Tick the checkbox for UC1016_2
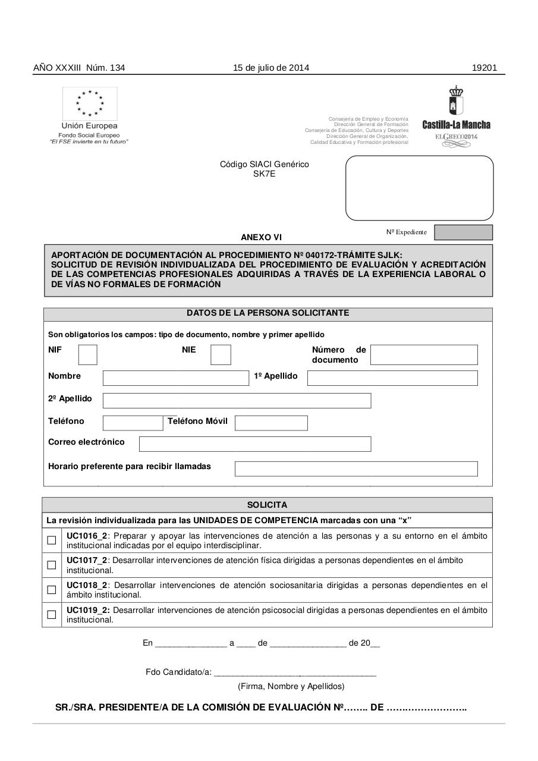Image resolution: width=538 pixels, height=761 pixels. pos(52,540)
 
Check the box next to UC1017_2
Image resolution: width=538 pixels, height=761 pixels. pos(52,565)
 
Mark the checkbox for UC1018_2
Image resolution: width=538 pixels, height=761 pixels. pos(52,590)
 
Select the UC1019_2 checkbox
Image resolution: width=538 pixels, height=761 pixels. pos(52,615)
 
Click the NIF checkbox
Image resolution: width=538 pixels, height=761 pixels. pos(88,355)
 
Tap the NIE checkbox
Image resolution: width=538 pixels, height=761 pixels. pos(221,355)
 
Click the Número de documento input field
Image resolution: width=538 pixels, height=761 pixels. pos(424,355)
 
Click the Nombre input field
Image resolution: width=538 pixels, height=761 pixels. pos(175,378)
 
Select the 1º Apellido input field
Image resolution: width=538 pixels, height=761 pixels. pos(392,378)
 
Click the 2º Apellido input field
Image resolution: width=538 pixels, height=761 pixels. pos(237,401)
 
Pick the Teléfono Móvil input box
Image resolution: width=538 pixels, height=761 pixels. pos(271,423)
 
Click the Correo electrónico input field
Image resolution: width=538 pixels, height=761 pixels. pos(255,444)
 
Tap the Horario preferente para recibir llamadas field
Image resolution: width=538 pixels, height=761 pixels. pos(356,468)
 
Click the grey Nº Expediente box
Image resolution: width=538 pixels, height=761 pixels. pos(463,232)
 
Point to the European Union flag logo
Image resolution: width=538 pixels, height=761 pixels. pos(90,103)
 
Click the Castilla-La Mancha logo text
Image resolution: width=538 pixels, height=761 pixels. pos(456,125)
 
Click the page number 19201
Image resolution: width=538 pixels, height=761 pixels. pos(484,68)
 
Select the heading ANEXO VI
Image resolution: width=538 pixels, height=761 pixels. pos(261,237)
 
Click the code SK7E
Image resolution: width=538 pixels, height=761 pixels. pos(265,174)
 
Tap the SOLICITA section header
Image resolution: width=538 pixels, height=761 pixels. pos(267,505)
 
